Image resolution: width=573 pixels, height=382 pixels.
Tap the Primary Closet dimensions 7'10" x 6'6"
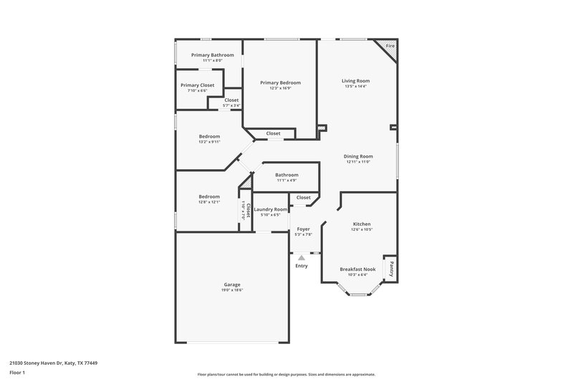click(197, 91)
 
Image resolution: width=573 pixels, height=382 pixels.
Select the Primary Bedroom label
click(280, 82)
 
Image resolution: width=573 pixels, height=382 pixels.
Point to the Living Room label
click(355, 81)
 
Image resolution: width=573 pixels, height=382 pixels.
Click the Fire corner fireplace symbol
click(390, 47)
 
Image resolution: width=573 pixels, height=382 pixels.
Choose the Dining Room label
click(357, 156)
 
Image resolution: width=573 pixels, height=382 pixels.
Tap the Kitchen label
click(361, 224)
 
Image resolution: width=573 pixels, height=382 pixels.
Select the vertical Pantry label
click(391, 268)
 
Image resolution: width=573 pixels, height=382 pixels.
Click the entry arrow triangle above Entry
click(302, 257)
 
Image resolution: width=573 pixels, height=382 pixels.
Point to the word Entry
click(302, 266)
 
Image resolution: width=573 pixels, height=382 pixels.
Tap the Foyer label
click(304, 229)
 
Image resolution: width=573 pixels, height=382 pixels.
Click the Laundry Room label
click(271, 209)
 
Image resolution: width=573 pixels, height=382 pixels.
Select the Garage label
click(231, 285)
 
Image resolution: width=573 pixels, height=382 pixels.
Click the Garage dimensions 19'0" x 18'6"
click(231, 290)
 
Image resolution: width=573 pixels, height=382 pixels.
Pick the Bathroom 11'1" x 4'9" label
click(286, 175)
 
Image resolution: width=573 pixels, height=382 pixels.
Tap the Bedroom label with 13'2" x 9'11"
click(209, 136)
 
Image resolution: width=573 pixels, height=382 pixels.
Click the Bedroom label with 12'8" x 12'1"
click(209, 196)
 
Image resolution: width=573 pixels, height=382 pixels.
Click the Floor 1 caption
click(17, 373)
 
